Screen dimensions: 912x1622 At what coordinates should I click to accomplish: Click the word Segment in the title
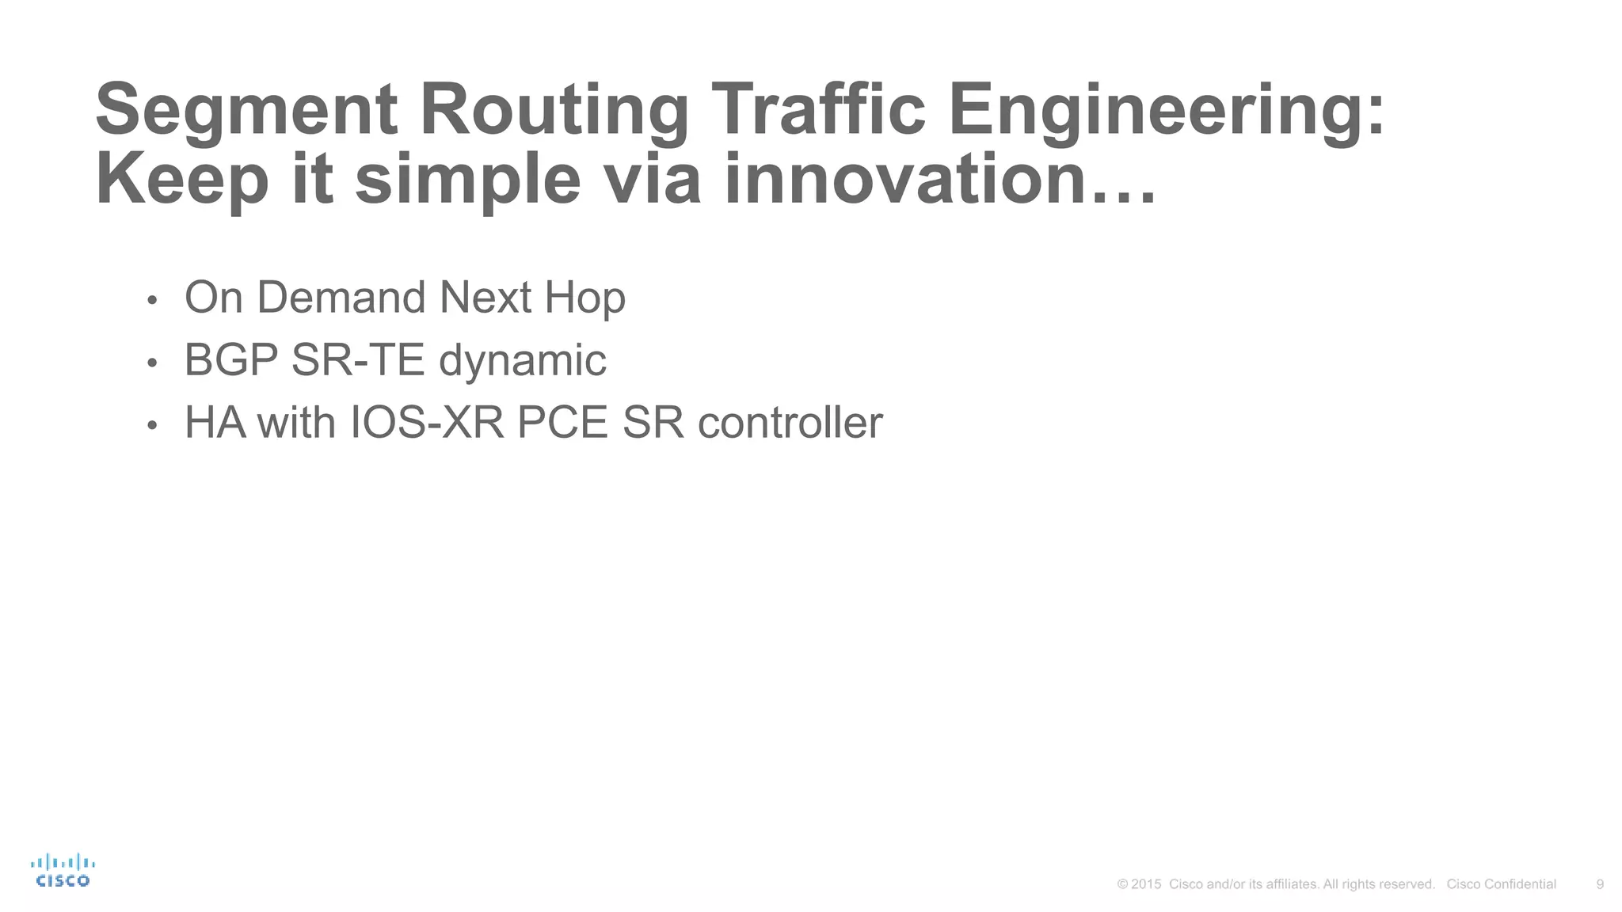pyautogui.click(x=246, y=110)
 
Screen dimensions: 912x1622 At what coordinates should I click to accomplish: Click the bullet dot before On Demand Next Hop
pyautogui.click(x=153, y=301)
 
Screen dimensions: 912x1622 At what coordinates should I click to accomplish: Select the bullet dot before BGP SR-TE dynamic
pyautogui.click(x=153, y=363)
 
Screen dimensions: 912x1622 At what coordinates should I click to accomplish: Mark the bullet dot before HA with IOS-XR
pyautogui.click(x=153, y=426)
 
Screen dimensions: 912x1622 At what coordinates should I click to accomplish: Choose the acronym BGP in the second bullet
pyautogui.click(x=231, y=360)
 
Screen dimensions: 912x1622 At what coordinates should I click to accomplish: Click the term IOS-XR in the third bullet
pyautogui.click(x=427, y=423)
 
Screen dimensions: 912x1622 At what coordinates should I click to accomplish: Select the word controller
pyautogui.click(x=790, y=423)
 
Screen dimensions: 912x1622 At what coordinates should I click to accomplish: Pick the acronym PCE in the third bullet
pyautogui.click(x=562, y=423)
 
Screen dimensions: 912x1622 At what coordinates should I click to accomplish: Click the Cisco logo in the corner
pyautogui.click(x=63, y=871)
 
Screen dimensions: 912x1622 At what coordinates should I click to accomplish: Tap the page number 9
pyautogui.click(x=1600, y=884)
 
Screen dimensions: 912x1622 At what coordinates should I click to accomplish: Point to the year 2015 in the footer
pyautogui.click(x=1146, y=884)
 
